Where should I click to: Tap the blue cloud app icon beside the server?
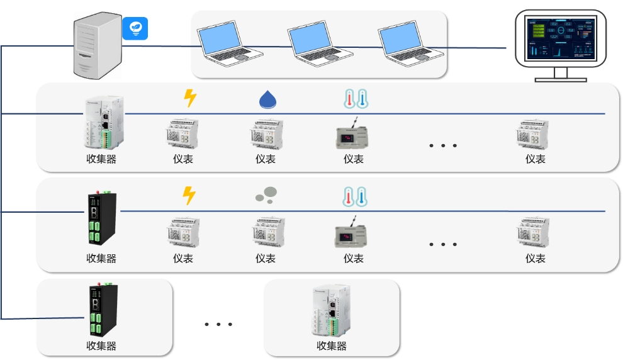click(x=134, y=28)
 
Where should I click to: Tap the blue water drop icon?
click(x=268, y=99)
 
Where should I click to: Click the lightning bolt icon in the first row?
click(x=189, y=98)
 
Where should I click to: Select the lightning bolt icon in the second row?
click(x=189, y=196)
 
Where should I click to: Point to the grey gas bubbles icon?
click(x=267, y=196)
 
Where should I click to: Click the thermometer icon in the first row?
click(x=355, y=98)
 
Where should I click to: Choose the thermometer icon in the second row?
click(x=355, y=196)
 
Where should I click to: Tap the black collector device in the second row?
click(x=101, y=220)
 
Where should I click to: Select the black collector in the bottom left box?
click(x=101, y=312)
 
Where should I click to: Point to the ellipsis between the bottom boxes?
click(x=218, y=325)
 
